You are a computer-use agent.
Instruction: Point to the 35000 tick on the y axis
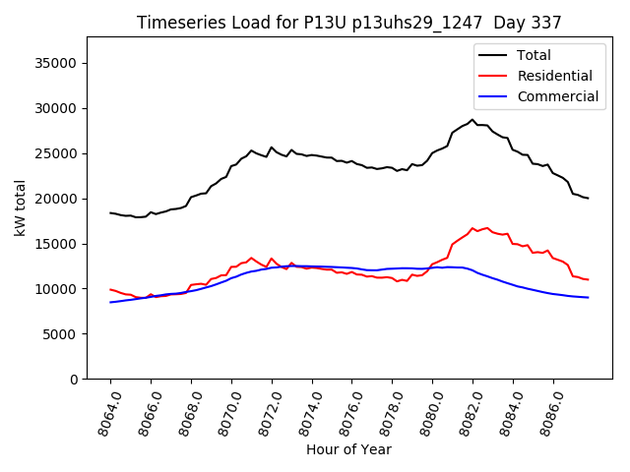coord(58,63)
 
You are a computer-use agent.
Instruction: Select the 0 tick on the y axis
coord(74,380)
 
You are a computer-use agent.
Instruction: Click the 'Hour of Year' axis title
coord(348,449)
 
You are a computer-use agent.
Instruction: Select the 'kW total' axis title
coord(21,208)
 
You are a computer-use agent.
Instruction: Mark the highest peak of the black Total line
coord(472,120)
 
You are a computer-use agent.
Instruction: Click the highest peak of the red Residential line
coord(472,228)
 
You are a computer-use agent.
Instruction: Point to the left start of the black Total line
coord(110,212)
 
